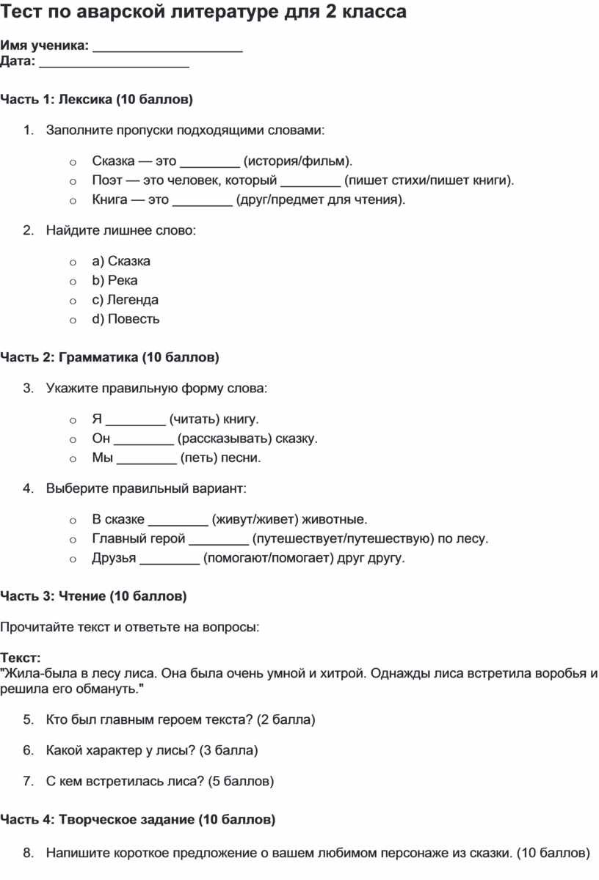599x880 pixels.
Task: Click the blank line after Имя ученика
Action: point(168,48)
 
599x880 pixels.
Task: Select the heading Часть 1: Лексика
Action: point(96,99)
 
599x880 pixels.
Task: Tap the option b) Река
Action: point(115,280)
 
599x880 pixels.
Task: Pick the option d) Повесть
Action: point(126,319)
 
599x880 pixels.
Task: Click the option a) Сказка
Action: point(121,261)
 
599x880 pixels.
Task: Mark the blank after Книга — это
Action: point(202,200)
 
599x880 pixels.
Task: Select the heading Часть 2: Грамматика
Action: point(109,358)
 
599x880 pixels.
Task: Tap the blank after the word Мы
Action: point(147,458)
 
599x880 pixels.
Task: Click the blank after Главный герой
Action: point(218,540)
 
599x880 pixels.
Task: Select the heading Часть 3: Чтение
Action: point(93,597)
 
